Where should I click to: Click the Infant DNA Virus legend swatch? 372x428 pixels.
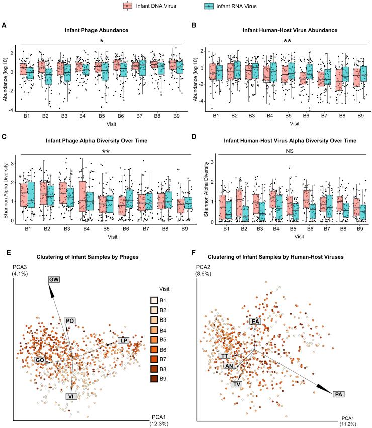(x=129, y=6)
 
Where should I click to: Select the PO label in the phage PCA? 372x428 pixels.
(x=70, y=320)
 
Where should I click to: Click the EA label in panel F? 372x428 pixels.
(x=255, y=321)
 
